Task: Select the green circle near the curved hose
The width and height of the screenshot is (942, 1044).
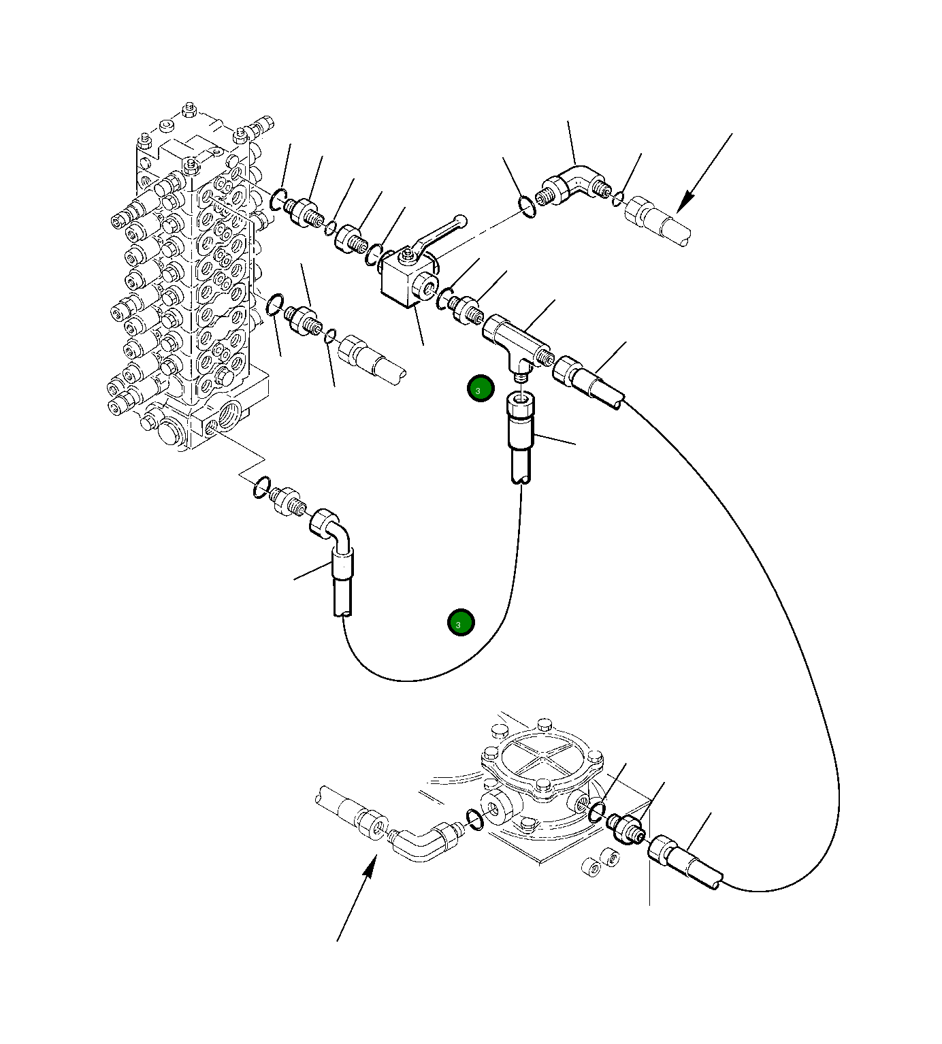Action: click(461, 622)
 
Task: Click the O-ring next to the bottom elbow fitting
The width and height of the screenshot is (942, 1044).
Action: click(475, 820)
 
